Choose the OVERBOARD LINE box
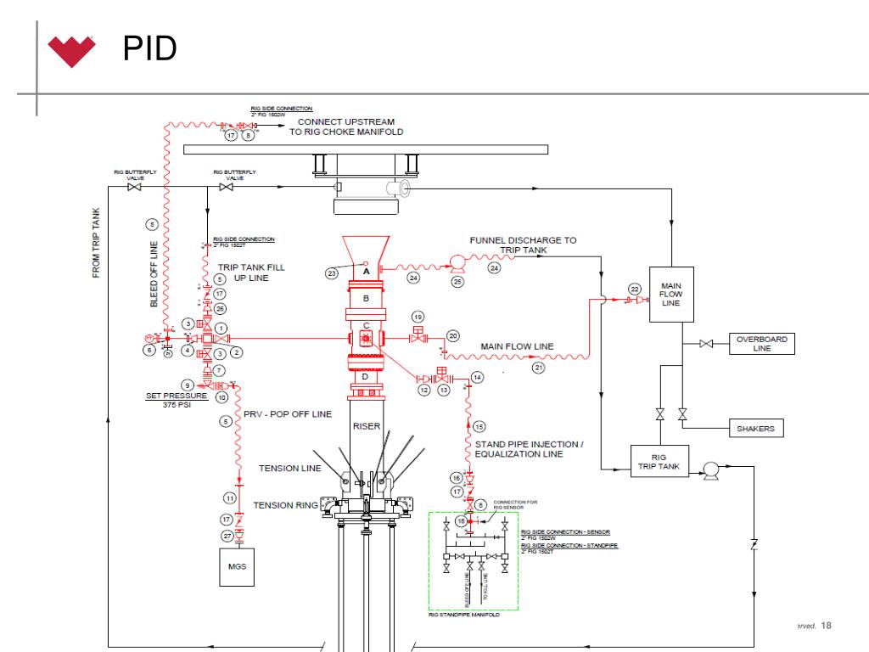[762, 343]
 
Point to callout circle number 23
[332, 273]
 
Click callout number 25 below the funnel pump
[457, 282]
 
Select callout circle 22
[633, 289]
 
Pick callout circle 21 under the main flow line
[538, 368]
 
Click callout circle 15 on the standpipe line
[479, 426]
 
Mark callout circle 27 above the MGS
[227, 536]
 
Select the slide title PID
[149, 49]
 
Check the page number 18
[827, 626]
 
